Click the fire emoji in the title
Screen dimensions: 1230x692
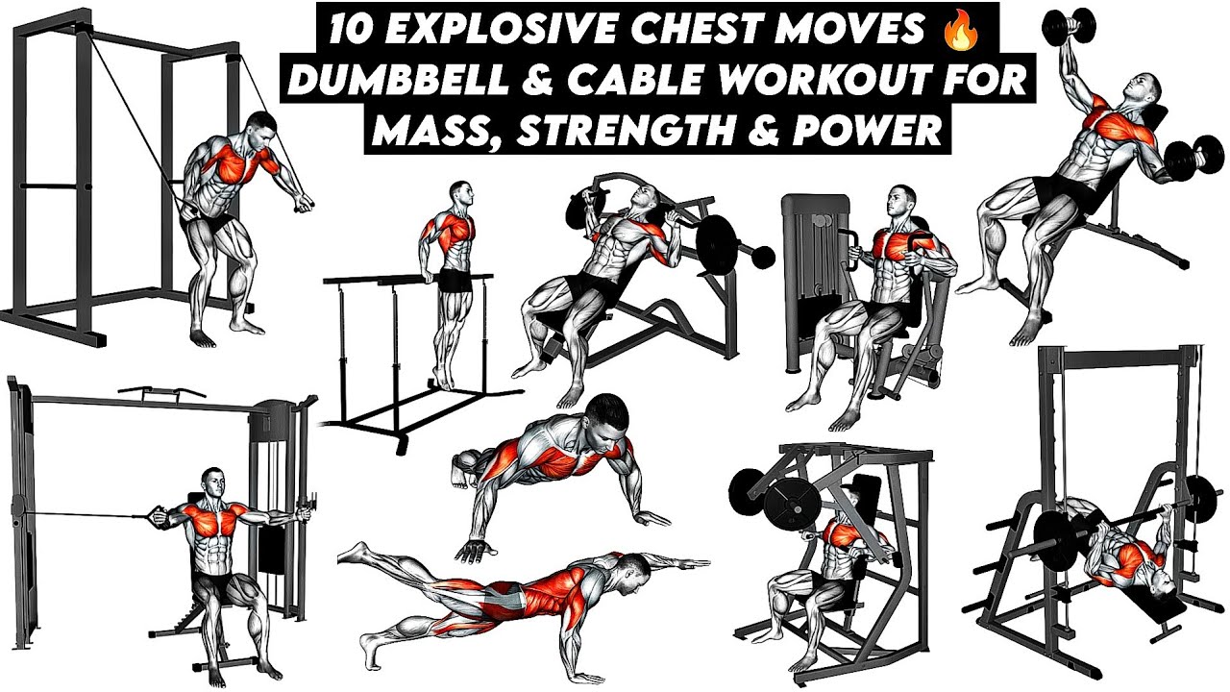[x=960, y=32]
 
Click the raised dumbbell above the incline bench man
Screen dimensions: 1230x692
[x=1068, y=26]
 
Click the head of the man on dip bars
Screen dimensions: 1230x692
[x=460, y=194]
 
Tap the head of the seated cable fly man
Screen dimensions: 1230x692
[x=213, y=484]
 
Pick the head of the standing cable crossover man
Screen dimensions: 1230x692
[x=260, y=129]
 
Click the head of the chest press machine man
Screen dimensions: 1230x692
[x=901, y=201]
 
